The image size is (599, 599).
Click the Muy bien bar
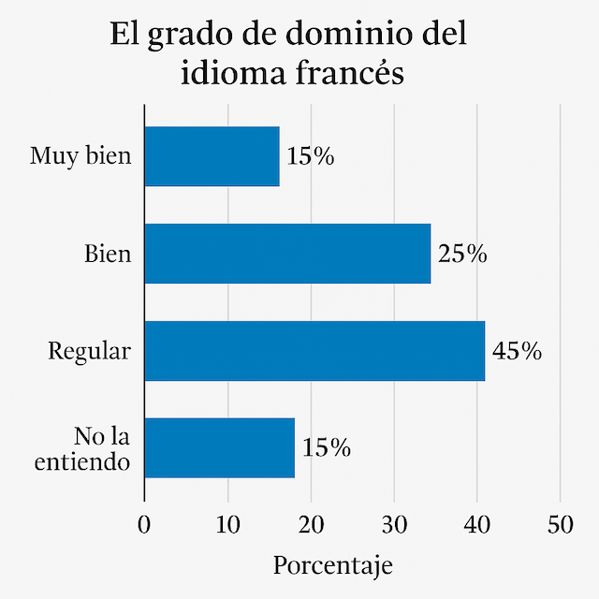tap(212, 156)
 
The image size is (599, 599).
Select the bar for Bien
tap(287, 254)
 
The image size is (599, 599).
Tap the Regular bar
tap(314, 351)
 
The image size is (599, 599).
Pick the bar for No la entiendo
tap(219, 448)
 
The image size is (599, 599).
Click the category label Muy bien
tap(80, 155)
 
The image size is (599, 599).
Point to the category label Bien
tap(108, 254)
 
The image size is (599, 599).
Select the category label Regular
tap(90, 352)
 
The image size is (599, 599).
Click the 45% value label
tap(517, 351)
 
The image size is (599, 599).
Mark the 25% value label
tap(462, 254)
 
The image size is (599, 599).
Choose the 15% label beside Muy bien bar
tap(311, 156)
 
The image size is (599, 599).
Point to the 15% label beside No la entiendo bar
tap(327, 448)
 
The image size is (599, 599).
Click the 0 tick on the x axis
tap(144, 525)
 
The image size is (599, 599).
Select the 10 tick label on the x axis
tap(227, 525)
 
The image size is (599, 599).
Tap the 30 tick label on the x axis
tap(394, 525)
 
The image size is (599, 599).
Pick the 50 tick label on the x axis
tap(560, 525)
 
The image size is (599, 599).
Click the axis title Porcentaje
tap(333, 565)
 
